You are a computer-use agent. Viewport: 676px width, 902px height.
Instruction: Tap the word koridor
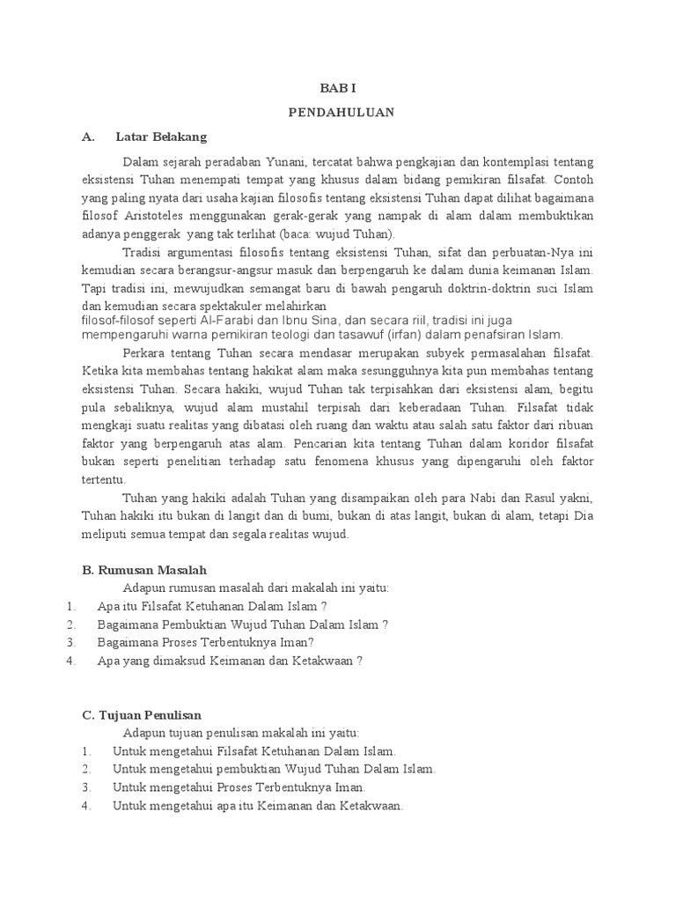[x=505, y=444]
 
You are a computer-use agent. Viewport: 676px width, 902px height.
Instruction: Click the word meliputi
[x=104, y=534]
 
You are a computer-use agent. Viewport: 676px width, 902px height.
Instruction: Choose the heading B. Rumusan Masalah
[x=144, y=571]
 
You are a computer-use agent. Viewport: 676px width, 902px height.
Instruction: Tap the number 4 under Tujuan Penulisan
[x=86, y=805]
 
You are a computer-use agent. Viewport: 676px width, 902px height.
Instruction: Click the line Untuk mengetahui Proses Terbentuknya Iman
[x=239, y=787]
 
